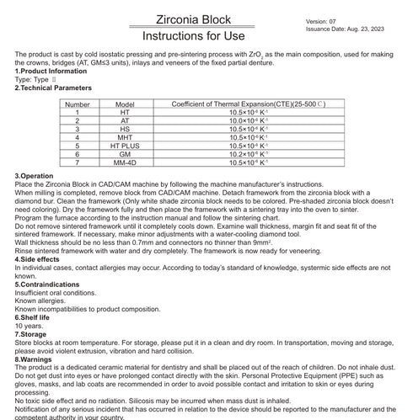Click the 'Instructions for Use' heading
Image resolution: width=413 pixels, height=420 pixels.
point(193,36)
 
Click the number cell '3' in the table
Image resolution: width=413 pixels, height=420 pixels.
point(100,128)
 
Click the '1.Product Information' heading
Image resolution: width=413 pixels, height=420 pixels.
point(51,72)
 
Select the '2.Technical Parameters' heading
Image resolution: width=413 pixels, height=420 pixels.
point(54,87)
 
